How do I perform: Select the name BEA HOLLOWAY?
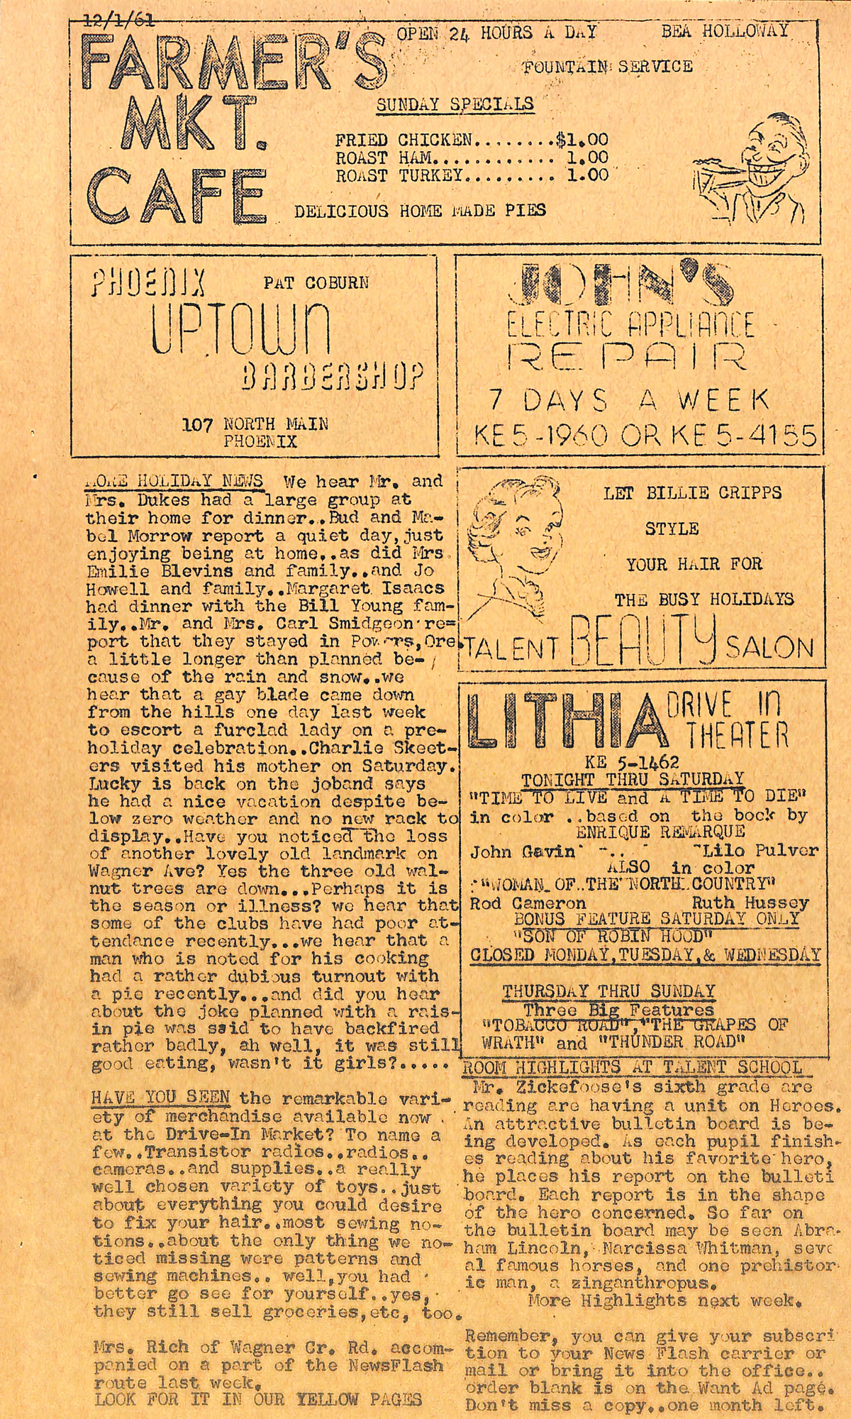[725, 31]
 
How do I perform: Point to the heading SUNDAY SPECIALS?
[455, 104]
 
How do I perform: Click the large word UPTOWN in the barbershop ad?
[240, 330]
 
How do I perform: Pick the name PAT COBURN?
[316, 282]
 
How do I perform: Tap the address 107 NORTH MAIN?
[255, 424]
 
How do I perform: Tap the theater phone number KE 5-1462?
[632, 762]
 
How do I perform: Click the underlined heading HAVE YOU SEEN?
[160, 1098]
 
